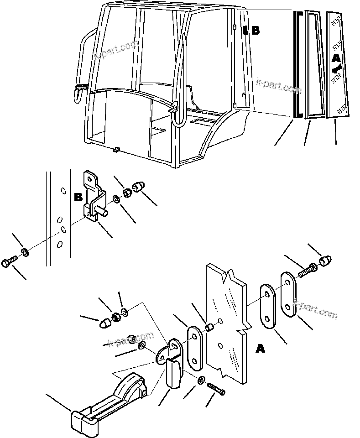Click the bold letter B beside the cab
tap(255, 31)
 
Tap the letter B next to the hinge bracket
tap(78, 198)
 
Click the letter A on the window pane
tap(335, 58)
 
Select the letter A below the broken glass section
tap(260, 349)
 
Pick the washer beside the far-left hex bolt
tap(25, 251)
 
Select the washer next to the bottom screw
tap(201, 380)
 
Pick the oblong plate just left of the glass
tap(195, 348)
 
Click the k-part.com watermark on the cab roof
tap(116, 50)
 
